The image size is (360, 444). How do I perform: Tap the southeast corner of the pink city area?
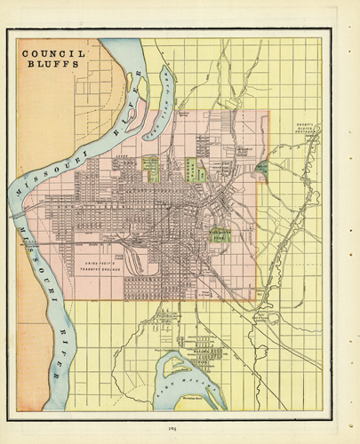267,299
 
